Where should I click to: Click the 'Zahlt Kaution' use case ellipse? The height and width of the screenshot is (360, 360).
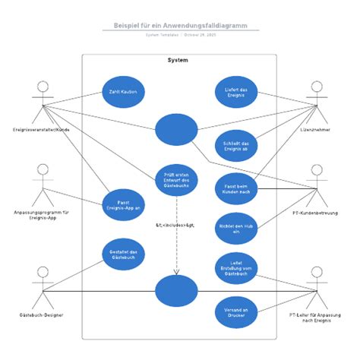[x=123, y=92]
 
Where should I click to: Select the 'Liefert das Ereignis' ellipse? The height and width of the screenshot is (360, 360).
[x=236, y=92]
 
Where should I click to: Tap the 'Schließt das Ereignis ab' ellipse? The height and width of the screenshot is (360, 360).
[x=236, y=146]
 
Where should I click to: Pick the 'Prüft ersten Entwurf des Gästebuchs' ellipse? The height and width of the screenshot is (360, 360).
[x=176, y=180]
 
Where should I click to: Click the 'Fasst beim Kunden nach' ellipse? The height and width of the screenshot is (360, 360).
[x=236, y=187]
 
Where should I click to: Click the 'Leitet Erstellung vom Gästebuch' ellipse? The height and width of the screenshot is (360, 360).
[x=236, y=267]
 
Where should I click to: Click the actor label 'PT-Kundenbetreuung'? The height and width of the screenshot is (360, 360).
[x=315, y=213]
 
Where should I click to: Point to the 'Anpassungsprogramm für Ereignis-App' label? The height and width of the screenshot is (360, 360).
[x=42, y=216]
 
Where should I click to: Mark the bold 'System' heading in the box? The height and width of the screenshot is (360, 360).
[x=178, y=61]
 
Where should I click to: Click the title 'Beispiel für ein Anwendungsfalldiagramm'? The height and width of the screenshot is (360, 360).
[x=180, y=25]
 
